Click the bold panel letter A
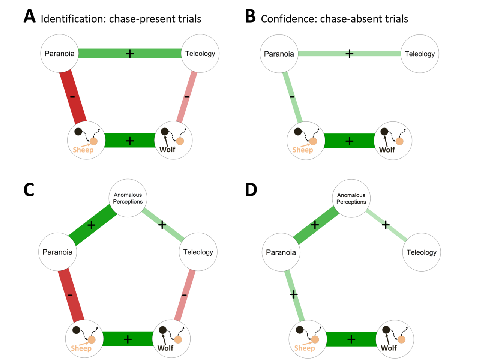pyautogui.click(x=29, y=17)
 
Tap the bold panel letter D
pyautogui.click(x=251, y=190)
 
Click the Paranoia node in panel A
pyautogui.click(x=59, y=54)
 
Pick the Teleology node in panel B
pyautogui.click(x=420, y=54)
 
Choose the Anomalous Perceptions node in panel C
pyautogui.click(x=128, y=198)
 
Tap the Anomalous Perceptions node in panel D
pyautogui.click(x=351, y=198)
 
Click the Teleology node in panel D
pyautogui.click(x=422, y=252)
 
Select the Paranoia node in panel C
pyautogui.click(x=57, y=252)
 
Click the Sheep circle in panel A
pyautogui.click(x=86, y=141)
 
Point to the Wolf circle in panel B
pyautogui.click(x=393, y=141)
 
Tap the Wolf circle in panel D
pyautogui.click(x=395, y=339)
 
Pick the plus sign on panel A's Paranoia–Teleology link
pyautogui.click(x=130, y=54)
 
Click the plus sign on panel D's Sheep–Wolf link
pyautogui.click(x=351, y=339)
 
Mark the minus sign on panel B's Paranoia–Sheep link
pyautogui.click(x=292, y=97)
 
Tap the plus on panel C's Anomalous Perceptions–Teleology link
pyautogui.click(x=162, y=225)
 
